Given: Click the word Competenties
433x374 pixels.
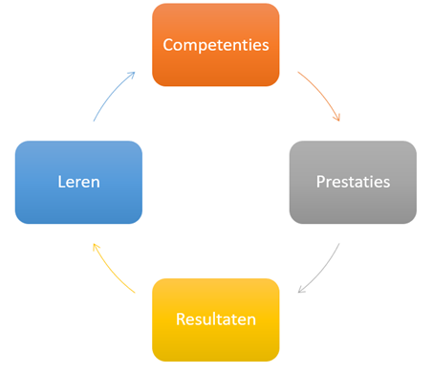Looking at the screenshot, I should pos(215,45).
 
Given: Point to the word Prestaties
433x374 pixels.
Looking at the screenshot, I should pos(353,182).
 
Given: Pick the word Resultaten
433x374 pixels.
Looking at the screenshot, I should pos(215,318).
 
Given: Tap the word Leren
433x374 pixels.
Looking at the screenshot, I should pos(78,182).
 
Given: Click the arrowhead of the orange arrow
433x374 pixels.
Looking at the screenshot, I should pos(337,118).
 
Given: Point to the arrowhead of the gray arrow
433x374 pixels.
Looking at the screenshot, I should pos(300,290).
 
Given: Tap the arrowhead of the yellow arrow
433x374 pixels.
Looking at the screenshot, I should pos(95,246).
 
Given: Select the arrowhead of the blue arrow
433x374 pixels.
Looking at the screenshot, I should pos(132,73).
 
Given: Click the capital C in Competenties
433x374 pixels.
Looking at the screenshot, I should pos(168,45).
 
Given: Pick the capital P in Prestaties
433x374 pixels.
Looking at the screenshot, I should pos(321,182).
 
